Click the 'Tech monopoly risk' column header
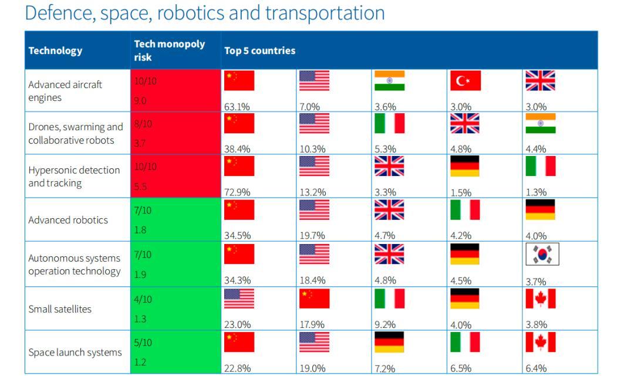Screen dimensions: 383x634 click(x=169, y=50)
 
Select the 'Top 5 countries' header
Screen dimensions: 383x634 click(x=259, y=50)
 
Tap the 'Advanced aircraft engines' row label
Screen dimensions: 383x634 click(x=65, y=91)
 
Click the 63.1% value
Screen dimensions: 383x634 click(x=237, y=107)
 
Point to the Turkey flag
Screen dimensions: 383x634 click(x=466, y=81)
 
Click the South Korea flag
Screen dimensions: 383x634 click(x=542, y=255)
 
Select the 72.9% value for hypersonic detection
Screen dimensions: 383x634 click(x=237, y=192)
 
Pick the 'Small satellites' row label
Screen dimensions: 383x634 click(x=60, y=309)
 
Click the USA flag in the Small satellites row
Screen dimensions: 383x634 click(x=239, y=299)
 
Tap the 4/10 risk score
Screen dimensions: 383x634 click(x=143, y=299)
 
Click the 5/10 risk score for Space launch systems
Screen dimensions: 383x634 click(x=143, y=343)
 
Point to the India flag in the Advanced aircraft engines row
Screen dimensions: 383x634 click(x=390, y=81)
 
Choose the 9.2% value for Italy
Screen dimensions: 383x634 click(x=385, y=324)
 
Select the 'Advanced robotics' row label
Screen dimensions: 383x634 click(x=68, y=220)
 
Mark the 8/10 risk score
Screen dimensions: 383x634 click(x=143, y=124)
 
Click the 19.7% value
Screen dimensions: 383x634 click(x=312, y=235)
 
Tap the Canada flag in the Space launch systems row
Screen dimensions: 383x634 click(x=541, y=343)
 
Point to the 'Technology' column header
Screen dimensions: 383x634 click(x=55, y=50)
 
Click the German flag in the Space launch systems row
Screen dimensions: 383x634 click(x=390, y=343)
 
